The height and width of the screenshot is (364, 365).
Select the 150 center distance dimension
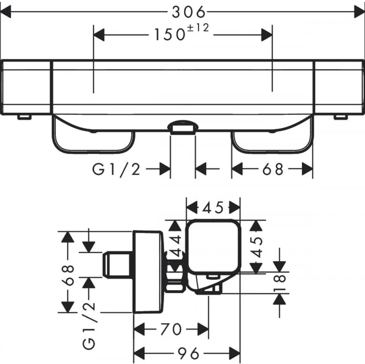click(170, 35)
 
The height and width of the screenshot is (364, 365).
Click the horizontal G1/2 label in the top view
click(116, 169)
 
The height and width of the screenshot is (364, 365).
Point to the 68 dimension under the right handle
click(273, 169)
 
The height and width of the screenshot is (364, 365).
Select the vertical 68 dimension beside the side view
click(68, 275)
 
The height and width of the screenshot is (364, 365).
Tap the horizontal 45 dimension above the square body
click(213, 208)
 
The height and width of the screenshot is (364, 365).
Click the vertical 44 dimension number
click(176, 246)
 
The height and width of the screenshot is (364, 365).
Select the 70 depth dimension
click(171, 329)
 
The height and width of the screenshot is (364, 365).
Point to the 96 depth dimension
click(188, 353)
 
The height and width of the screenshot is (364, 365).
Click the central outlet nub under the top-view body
click(182, 127)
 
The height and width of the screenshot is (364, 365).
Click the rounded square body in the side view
click(213, 246)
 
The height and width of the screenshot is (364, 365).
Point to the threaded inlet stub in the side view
click(116, 265)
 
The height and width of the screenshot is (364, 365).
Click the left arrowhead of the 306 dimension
click(6, 12)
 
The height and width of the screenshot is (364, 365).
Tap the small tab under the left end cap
click(25, 117)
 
